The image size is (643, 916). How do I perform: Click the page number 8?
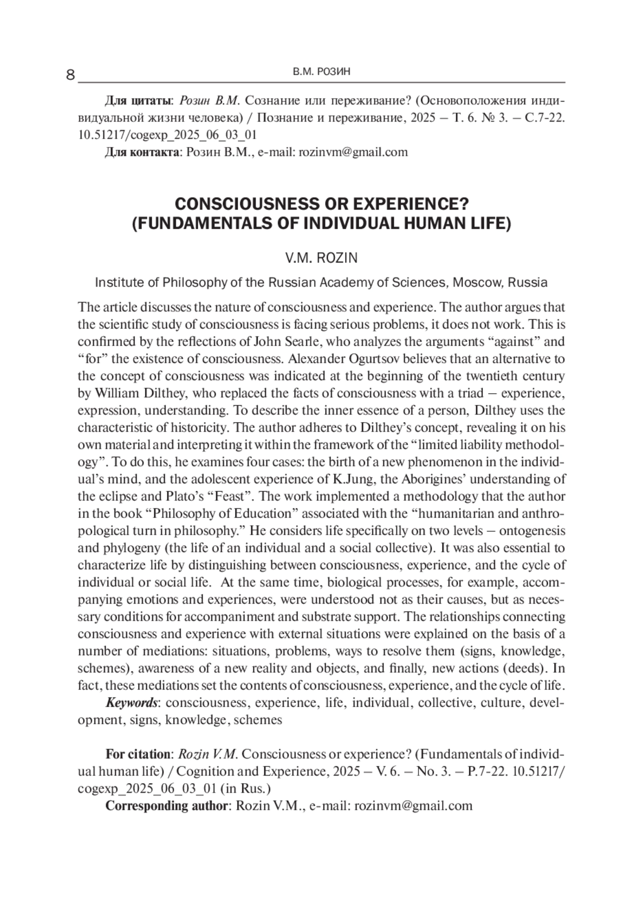70,75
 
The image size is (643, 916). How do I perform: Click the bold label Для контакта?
141,152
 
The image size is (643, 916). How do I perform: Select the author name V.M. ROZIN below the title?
322,258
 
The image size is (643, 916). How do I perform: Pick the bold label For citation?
137,754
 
